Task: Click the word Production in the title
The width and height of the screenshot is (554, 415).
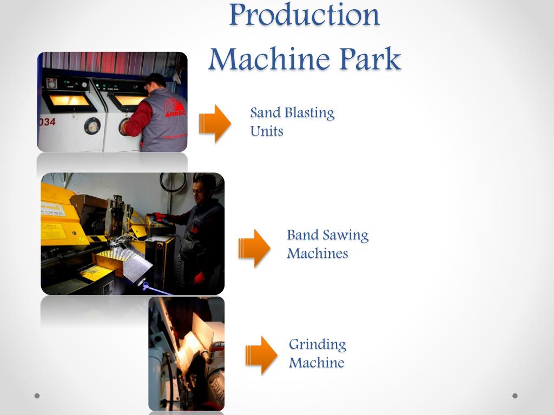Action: point(304,15)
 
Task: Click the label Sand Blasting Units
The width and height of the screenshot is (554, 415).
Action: point(292,122)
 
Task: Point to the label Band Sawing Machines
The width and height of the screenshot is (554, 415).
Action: point(327,244)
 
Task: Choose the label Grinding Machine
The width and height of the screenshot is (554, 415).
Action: point(317,353)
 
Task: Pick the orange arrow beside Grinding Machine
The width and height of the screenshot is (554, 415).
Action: point(261,355)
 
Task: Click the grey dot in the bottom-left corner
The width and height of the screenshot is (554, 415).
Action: point(37,396)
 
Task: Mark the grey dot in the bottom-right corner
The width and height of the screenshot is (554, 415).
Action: point(515,396)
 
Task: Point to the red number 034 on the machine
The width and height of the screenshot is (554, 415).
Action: point(47,122)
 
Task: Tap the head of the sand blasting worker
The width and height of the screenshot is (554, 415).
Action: point(155,81)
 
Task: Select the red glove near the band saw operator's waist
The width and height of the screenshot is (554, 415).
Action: point(199,278)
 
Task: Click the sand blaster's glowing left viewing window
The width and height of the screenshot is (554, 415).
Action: point(67,100)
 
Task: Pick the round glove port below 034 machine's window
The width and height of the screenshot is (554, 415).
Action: point(92,125)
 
